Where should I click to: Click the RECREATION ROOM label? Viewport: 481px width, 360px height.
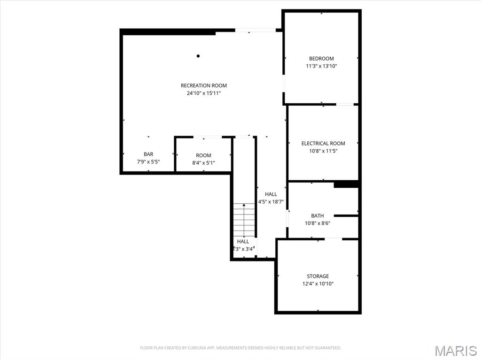pos(204,85)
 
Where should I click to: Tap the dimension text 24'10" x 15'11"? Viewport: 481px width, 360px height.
pos(204,93)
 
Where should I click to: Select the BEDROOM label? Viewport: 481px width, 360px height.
pos(321,59)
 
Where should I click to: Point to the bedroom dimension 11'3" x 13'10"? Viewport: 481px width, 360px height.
pos(321,66)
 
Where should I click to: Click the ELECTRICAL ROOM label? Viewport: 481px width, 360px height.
pos(323,143)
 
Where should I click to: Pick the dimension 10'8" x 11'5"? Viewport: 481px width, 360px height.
pos(323,151)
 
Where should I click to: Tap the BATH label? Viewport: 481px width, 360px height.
pos(318,216)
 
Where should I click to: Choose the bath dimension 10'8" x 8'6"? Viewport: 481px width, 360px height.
pos(318,223)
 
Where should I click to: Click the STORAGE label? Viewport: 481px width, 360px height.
pos(318,276)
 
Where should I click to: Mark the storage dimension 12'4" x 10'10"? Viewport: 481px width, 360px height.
pos(318,283)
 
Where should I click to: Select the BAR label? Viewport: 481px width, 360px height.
pos(148,154)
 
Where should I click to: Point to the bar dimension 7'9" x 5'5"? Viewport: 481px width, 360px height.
pos(148,161)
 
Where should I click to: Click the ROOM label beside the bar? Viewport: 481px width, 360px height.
pos(203,155)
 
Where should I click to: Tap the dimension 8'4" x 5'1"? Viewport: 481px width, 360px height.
pos(203,163)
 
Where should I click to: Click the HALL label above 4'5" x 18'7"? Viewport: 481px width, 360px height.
pos(271,194)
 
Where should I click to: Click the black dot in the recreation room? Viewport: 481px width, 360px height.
pos(198,56)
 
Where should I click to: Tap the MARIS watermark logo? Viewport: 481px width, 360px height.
pos(456,351)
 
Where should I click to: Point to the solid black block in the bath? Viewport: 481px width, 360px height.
pos(346,184)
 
